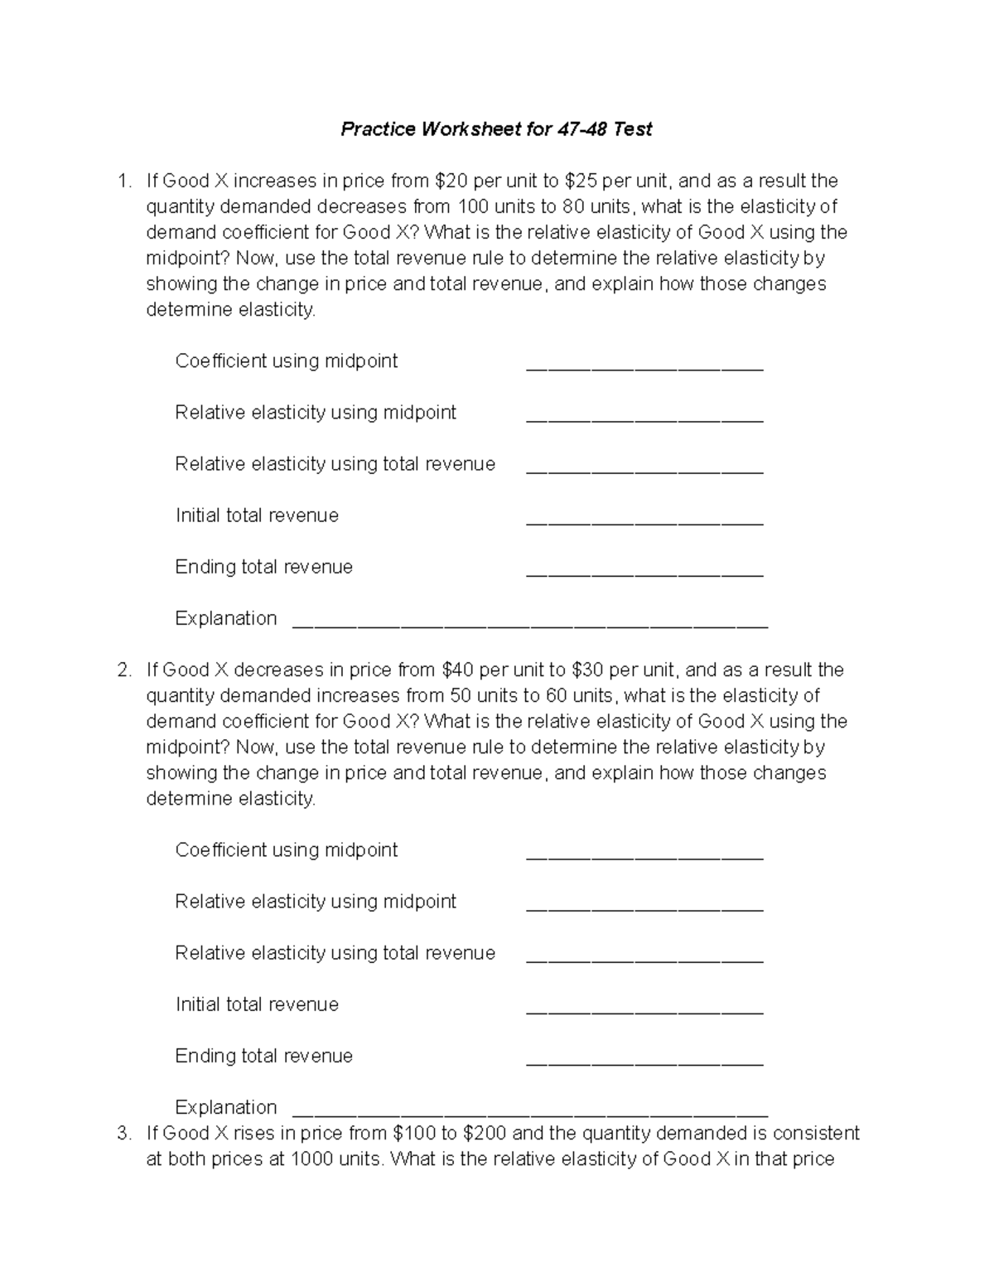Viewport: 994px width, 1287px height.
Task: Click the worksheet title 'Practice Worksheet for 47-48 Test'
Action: click(x=496, y=129)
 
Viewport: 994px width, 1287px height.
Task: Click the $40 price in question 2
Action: click(x=458, y=670)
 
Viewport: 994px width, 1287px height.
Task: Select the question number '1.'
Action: click(x=124, y=181)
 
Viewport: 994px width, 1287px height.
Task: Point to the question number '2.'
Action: click(x=124, y=670)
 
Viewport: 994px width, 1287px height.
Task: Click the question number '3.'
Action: click(x=124, y=1133)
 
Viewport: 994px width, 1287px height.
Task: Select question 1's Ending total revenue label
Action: click(x=263, y=567)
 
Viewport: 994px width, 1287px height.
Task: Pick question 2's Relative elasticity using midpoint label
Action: click(x=316, y=902)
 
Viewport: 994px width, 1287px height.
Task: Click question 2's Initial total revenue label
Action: click(x=257, y=1004)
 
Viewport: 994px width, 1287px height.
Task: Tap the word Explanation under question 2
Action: click(x=225, y=1107)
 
